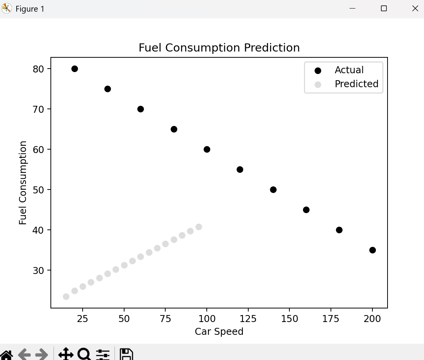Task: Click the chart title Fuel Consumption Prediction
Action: point(219,48)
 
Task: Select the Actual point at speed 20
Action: point(74,69)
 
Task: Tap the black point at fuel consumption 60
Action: point(207,149)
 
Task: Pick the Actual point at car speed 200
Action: point(372,250)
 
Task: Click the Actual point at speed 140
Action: point(273,189)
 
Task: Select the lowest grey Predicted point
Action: point(66,296)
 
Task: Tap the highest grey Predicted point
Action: point(199,227)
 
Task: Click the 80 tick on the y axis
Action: point(39,69)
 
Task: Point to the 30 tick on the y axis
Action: point(39,270)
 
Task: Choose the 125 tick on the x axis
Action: point(248,319)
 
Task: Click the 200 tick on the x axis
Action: point(372,319)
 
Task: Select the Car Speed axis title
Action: point(219,332)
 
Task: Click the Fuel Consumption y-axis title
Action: point(23,183)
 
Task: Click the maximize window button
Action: point(384,9)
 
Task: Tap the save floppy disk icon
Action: point(126,354)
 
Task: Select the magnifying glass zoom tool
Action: point(84,354)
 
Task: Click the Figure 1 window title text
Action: point(30,9)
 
